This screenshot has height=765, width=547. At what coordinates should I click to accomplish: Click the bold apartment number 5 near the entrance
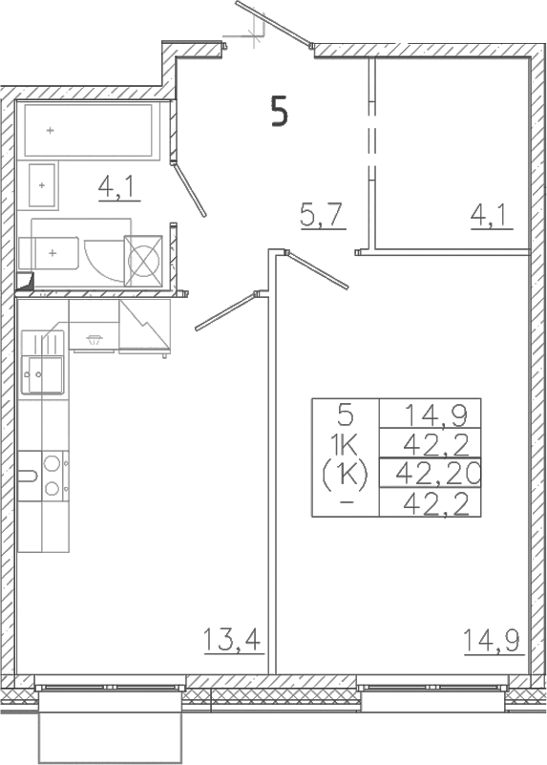tap(280, 112)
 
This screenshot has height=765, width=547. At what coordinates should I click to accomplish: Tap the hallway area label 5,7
tap(324, 216)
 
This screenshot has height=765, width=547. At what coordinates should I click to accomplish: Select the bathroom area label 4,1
tap(119, 187)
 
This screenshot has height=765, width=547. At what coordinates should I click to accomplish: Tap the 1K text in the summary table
tap(346, 444)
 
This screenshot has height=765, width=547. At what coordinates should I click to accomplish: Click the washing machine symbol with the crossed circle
tap(143, 260)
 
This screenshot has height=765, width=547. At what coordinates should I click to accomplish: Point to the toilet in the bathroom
tap(49, 253)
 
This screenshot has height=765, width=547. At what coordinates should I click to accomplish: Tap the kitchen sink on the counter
tap(43, 362)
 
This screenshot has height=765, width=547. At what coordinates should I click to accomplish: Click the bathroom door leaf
tap(190, 190)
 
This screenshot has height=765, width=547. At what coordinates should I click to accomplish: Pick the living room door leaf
tap(317, 269)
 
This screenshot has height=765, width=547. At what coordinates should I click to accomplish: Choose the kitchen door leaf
tap(225, 310)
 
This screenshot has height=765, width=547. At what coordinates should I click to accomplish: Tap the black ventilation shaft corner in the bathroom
tap(25, 282)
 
